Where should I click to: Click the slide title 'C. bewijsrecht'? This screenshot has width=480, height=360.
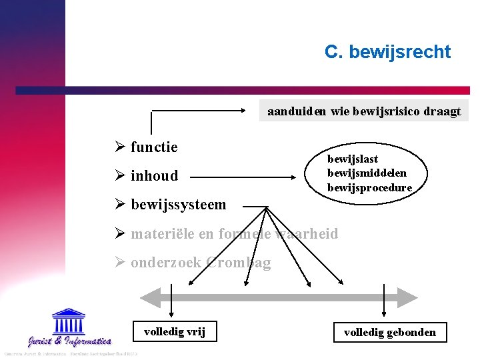click(387, 52)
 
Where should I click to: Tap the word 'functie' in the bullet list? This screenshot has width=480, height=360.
click(154, 147)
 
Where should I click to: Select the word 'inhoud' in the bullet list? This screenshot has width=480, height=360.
click(154, 176)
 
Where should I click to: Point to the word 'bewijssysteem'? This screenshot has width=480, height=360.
click(178, 205)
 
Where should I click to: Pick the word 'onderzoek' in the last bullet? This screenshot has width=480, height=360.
click(165, 263)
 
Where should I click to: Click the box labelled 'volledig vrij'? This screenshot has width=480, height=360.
click(175, 331)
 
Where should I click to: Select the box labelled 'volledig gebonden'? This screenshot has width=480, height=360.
click(389, 332)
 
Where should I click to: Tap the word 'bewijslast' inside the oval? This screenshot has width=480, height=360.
click(352, 159)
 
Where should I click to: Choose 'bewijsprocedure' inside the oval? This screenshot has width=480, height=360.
click(369, 188)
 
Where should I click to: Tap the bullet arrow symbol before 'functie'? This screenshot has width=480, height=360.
click(120, 147)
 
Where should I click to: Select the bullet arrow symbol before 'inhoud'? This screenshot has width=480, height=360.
click(120, 176)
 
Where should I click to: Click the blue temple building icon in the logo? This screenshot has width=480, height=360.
click(69, 321)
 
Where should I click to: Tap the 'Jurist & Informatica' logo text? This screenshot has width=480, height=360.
click(69, 341)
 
